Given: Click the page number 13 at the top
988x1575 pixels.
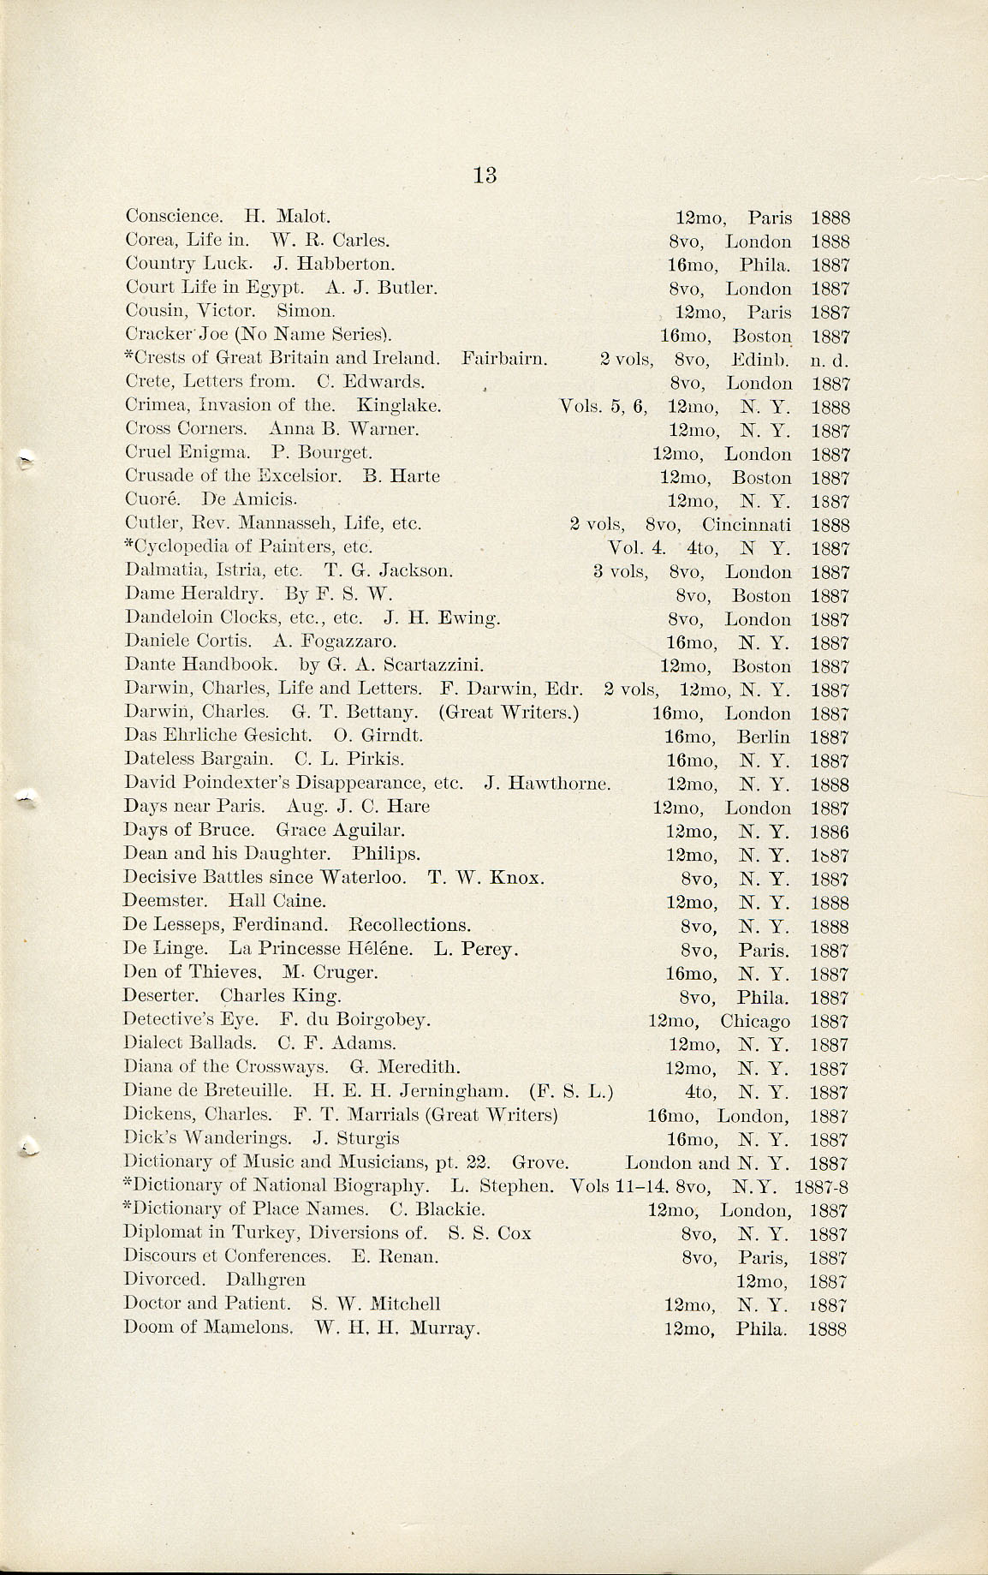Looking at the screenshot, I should [484, 175].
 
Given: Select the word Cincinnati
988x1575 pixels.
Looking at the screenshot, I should [746, 524].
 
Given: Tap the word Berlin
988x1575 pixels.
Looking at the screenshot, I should [763, 737].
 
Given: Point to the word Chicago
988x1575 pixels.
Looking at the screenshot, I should [754, 1021].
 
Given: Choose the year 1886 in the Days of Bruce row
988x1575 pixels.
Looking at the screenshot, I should [829, 832].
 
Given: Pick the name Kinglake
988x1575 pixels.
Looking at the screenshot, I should [398, 405].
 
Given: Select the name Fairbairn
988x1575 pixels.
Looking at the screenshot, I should [503, 358].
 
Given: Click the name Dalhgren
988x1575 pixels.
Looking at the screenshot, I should [265, 1280].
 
